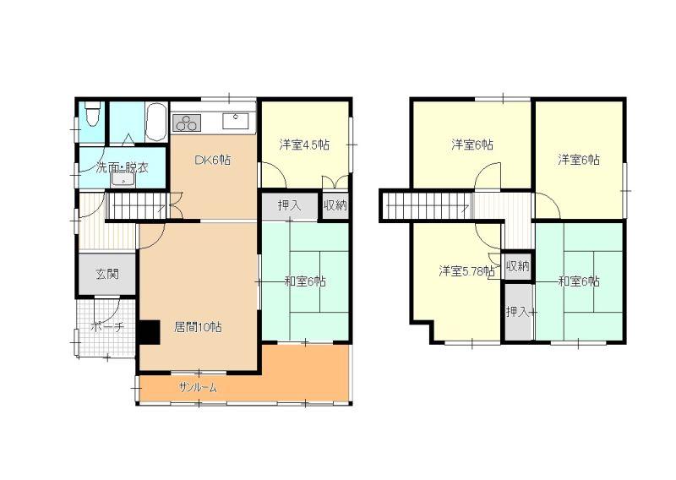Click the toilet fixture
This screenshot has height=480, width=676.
[92, 114]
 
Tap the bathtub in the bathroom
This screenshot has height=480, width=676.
[156, 122]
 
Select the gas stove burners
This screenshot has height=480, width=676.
[187, 123]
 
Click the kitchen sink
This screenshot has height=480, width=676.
[236, 121]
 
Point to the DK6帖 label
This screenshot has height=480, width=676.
[213, 161]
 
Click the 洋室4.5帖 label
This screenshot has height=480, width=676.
[304, 145]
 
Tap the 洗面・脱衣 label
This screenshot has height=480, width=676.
[122, 167]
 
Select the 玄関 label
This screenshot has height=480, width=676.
[107, 275]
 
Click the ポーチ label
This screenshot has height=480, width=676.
[107, 327]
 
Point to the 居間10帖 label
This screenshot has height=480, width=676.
[198, 327]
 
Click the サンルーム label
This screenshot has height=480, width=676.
[198, 388]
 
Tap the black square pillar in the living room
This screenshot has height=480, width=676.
[150, 332]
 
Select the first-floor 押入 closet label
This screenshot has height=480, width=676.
[289, 205]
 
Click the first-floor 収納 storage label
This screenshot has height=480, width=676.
[335, 205]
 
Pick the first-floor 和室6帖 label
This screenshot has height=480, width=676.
[305, 282]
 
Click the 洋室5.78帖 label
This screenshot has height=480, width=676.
[466, 272]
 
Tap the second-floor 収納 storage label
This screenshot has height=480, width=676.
[517, 266]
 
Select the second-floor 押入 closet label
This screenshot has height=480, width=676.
[518, 311]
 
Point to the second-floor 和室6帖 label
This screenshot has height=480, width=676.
[579, 282]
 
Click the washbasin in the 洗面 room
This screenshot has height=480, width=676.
[123, 180]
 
